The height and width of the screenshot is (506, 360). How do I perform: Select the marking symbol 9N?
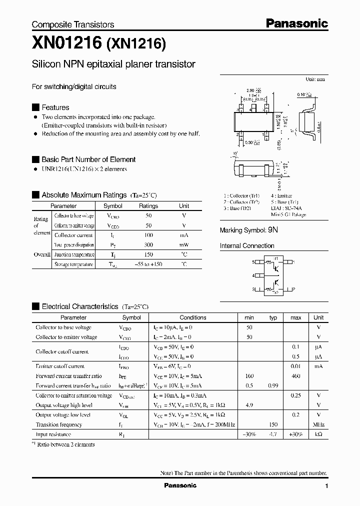272,230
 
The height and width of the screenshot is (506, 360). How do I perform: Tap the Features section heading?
55,107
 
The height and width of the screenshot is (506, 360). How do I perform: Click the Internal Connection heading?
247,246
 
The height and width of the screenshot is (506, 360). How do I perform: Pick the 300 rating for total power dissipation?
148,245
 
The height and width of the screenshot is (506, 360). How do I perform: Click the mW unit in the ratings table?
184,245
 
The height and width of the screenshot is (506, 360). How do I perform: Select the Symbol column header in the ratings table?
112,206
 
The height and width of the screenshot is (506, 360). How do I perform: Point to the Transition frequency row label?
58,424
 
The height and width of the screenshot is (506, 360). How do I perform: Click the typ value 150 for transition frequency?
273,424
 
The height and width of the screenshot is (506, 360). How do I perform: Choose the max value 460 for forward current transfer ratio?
295,376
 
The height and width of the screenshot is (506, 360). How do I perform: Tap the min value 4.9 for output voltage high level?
249,405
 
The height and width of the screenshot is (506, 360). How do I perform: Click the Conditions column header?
193,317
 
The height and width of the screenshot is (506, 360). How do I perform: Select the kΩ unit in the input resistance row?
318,434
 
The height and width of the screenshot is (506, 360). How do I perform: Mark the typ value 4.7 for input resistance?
273,434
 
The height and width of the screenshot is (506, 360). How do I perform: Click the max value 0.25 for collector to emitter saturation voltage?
295,395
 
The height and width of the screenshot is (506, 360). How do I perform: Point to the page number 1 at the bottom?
326,486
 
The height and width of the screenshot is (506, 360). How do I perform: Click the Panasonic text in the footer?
180,485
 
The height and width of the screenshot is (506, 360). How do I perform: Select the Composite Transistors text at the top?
73,24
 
